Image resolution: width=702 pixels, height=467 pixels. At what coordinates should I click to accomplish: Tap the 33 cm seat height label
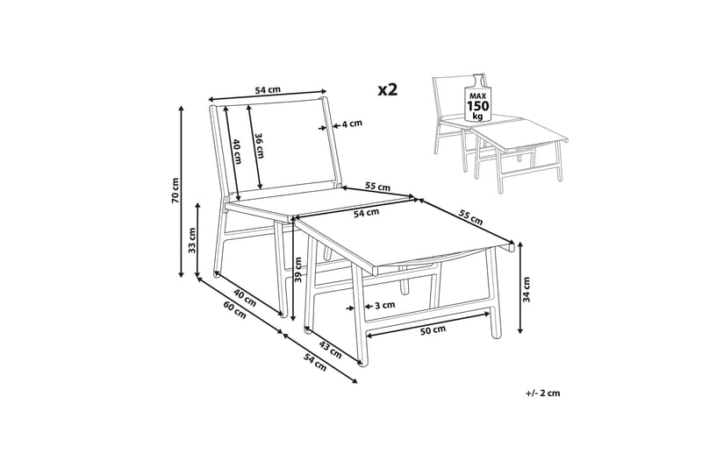(192, 240)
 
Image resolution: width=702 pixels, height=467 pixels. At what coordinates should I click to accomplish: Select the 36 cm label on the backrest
(259, 145)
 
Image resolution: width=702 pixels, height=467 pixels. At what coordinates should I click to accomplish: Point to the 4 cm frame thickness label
(352, 124)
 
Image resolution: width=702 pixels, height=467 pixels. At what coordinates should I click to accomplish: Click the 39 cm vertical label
(298, 270)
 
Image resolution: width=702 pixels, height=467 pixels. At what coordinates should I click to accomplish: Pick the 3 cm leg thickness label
(384, 305)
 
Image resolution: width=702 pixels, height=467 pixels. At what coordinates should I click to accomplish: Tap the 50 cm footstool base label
(433, 329)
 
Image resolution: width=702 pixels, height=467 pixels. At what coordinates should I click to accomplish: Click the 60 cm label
(234, 309)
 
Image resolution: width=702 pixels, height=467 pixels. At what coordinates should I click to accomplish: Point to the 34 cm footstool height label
(526, 290)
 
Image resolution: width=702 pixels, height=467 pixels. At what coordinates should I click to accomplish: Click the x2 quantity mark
(388, 90)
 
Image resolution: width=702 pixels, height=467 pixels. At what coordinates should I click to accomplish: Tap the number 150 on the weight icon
(478, 106)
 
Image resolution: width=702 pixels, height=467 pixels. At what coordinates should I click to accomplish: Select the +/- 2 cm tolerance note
(543, 393)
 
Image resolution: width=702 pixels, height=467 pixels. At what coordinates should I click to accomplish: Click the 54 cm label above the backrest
(268, 90)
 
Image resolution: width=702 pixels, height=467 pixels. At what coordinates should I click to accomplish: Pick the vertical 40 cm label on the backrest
(237, 152)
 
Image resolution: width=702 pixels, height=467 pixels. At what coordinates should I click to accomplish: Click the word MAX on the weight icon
(477, 96)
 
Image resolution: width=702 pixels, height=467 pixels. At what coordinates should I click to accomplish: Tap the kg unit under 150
(477, 117)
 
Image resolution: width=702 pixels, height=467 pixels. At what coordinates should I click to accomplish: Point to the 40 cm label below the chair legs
(245, 298)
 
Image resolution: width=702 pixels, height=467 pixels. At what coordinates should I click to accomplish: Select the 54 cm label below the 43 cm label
(315, 363)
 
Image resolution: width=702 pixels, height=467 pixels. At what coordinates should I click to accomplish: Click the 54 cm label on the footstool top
(366, 214)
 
